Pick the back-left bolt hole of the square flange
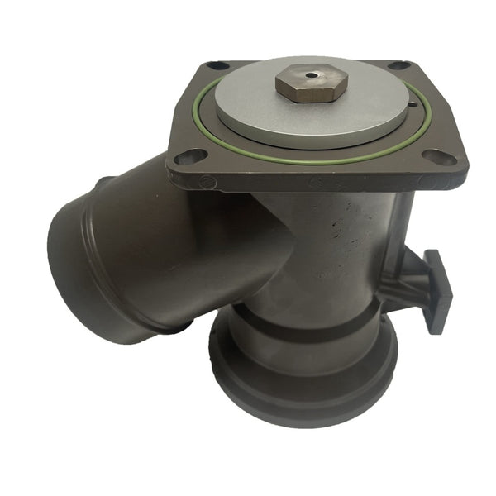point(217,65)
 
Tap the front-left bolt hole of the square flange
point(189,155)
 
